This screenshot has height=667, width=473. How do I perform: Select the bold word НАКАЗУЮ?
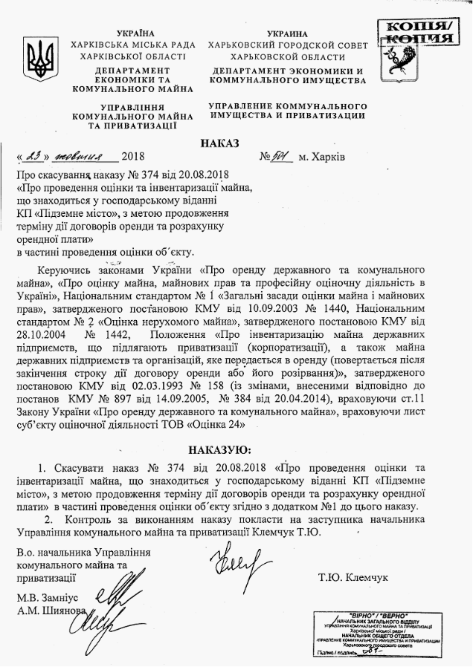220,450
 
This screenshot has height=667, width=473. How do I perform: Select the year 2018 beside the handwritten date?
135,158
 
